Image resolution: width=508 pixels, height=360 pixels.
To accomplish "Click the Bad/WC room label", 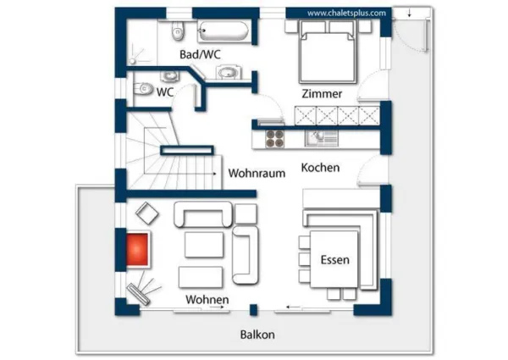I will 201,54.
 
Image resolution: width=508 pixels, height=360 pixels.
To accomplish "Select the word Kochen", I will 320,168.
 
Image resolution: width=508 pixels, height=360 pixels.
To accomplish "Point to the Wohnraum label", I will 257,173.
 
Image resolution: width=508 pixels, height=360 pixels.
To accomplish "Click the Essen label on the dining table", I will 334,260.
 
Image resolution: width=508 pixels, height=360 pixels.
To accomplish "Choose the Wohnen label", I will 207,301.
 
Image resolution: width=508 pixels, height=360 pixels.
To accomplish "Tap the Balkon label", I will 257,334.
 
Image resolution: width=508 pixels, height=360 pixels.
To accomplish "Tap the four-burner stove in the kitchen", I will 275,135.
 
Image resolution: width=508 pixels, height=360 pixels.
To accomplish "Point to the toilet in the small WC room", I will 145,88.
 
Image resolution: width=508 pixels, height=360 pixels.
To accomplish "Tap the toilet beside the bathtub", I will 177,32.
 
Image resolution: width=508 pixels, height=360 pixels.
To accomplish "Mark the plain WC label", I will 163,91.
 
